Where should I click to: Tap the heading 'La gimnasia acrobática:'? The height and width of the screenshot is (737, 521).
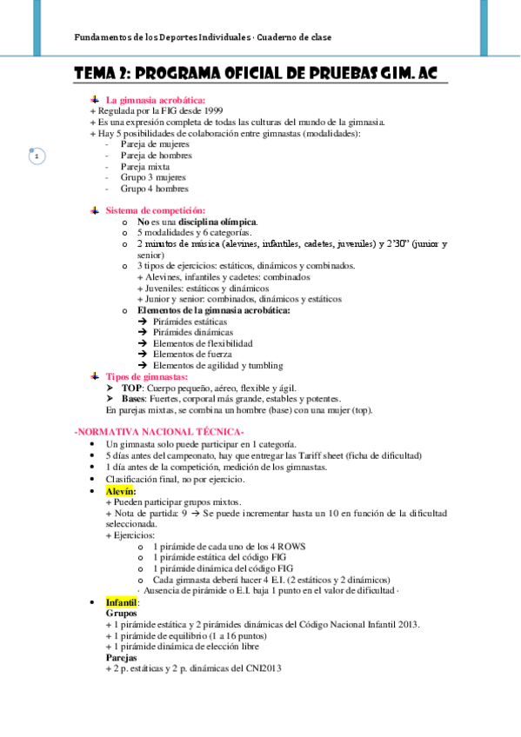tap(156, 100)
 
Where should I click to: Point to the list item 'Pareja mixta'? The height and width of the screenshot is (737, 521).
tap(144, 166)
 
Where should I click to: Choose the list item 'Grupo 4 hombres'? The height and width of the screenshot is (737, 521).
tap(154, 188)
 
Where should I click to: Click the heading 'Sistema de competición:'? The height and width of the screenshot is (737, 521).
tap(155, 210)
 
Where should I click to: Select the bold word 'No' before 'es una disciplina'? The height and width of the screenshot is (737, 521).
tap(144, 222)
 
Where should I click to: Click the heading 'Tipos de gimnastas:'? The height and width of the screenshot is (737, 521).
tap(146, 376)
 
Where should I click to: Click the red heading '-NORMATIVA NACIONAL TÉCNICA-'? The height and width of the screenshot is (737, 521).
tap(158, 432)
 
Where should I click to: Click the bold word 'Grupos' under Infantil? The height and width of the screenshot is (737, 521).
tap(121, 613)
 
